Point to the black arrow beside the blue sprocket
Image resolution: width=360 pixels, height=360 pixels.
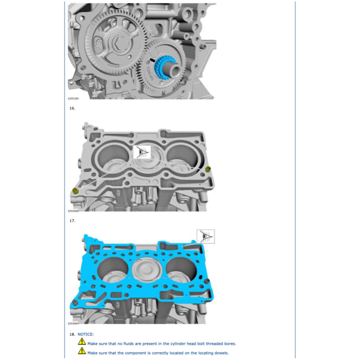[152, 59]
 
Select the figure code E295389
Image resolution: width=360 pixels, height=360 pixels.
[73, 99]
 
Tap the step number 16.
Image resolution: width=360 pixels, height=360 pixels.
[72, 108]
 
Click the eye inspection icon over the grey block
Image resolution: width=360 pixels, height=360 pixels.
[142, 152]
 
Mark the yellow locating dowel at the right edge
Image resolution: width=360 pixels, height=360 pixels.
[207, 169]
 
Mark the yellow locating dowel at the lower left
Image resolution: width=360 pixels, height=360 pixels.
[75, 191]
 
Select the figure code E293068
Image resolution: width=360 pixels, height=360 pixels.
[73, 211]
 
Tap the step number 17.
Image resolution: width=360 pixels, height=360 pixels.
[72, 221]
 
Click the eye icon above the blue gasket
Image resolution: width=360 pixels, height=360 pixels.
[205, 236]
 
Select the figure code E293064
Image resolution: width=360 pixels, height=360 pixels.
[73, 324]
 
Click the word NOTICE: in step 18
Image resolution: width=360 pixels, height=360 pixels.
[86, 334]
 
